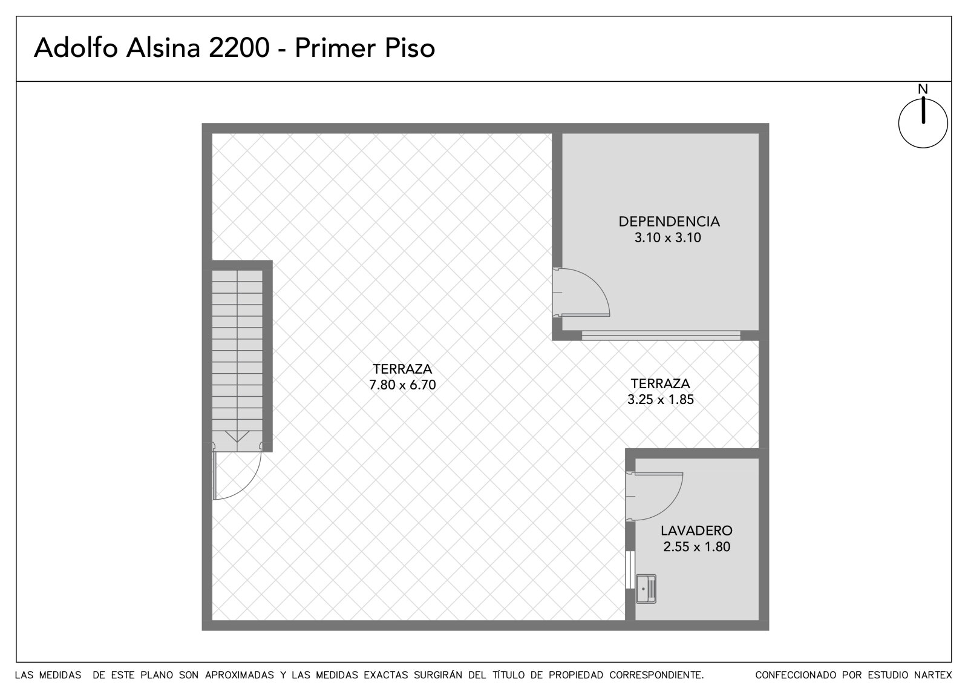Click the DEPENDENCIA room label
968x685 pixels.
669,222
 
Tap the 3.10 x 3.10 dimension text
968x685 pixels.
668,237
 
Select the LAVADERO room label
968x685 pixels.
696,531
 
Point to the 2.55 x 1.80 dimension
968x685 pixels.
696,546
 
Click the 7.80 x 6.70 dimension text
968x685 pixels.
402,385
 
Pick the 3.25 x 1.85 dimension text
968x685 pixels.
660,399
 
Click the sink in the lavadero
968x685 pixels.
646,589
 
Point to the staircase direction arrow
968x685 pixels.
237,436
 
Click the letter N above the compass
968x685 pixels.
923,89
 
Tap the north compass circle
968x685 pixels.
898,124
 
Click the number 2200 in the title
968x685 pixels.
239,48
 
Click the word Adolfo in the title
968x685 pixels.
76,47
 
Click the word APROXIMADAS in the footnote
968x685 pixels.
240,675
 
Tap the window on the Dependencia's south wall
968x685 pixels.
661,336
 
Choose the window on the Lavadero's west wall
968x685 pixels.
630,569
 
